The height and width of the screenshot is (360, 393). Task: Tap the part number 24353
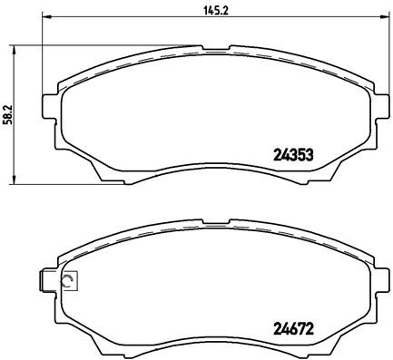293,154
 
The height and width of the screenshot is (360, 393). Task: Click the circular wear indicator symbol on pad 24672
66,281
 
